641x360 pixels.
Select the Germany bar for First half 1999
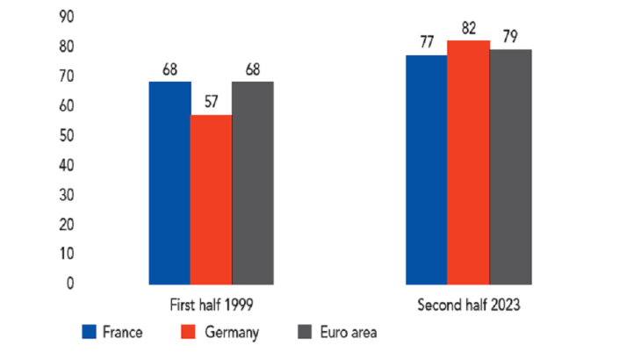[x=212, y=199]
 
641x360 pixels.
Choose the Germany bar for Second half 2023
[x=468, y=162]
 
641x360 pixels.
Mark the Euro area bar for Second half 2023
[x=510, y=167]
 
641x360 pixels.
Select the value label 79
[x=510, y=37]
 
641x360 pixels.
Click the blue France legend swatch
[x=89, y=332]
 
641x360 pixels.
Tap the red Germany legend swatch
[x=185, y=332]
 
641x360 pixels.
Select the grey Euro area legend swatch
[x=305, y=332]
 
